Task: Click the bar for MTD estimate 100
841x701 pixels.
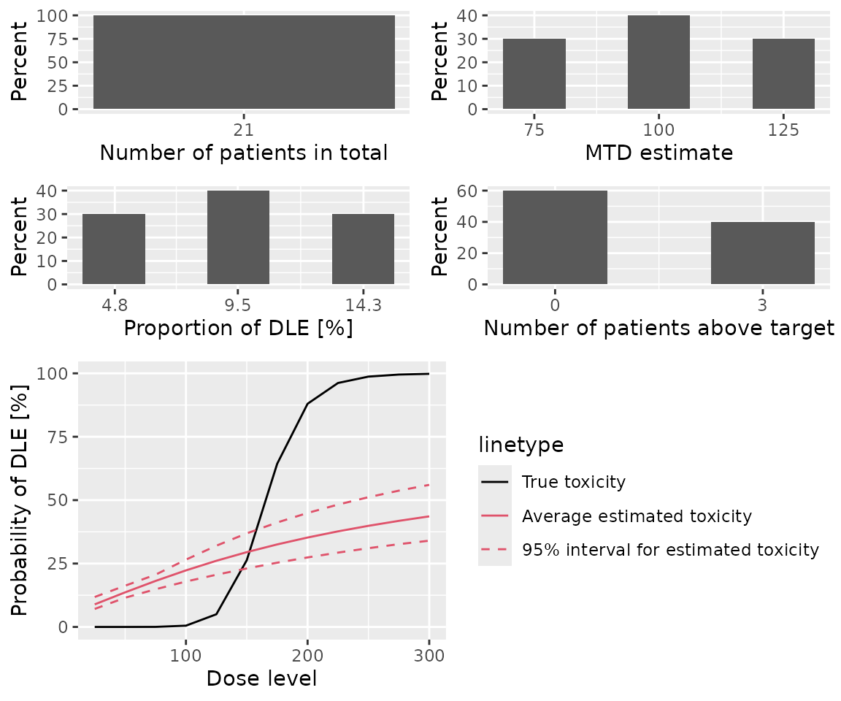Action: click(x=658, y=62)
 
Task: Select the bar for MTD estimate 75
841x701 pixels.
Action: click(x=534, y=74)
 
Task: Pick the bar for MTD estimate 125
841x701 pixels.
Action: click(x=783, y=74)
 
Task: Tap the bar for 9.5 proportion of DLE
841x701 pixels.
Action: click(x=238, y=237)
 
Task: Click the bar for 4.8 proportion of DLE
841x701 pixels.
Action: click(x=113, y=249)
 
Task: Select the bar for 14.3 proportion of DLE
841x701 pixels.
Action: click(x=363, y=249)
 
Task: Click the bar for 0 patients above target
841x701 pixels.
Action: click(x=555, y=237)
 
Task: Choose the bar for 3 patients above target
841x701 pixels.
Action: click(x=763, y=253)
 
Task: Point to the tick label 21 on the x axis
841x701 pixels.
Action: click(x=244, y=131)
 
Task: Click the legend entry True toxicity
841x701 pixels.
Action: click(x=573, y=482)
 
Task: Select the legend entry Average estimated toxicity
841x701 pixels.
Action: click(x=636, y=516)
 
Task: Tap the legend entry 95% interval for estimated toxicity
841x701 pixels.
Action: click(x=670, y=550)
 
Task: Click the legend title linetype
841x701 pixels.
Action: click(x=520, y=444)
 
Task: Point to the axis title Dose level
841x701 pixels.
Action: click(x=261, y=678)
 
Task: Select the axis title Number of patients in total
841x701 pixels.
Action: click(x=244, y=153)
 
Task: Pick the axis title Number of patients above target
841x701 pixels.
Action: click(x=658, y=329)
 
